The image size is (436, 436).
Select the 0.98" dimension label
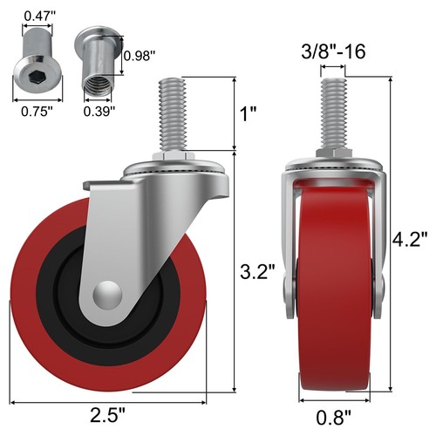140,56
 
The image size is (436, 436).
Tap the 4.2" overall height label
411,237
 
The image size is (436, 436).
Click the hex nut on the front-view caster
336,153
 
